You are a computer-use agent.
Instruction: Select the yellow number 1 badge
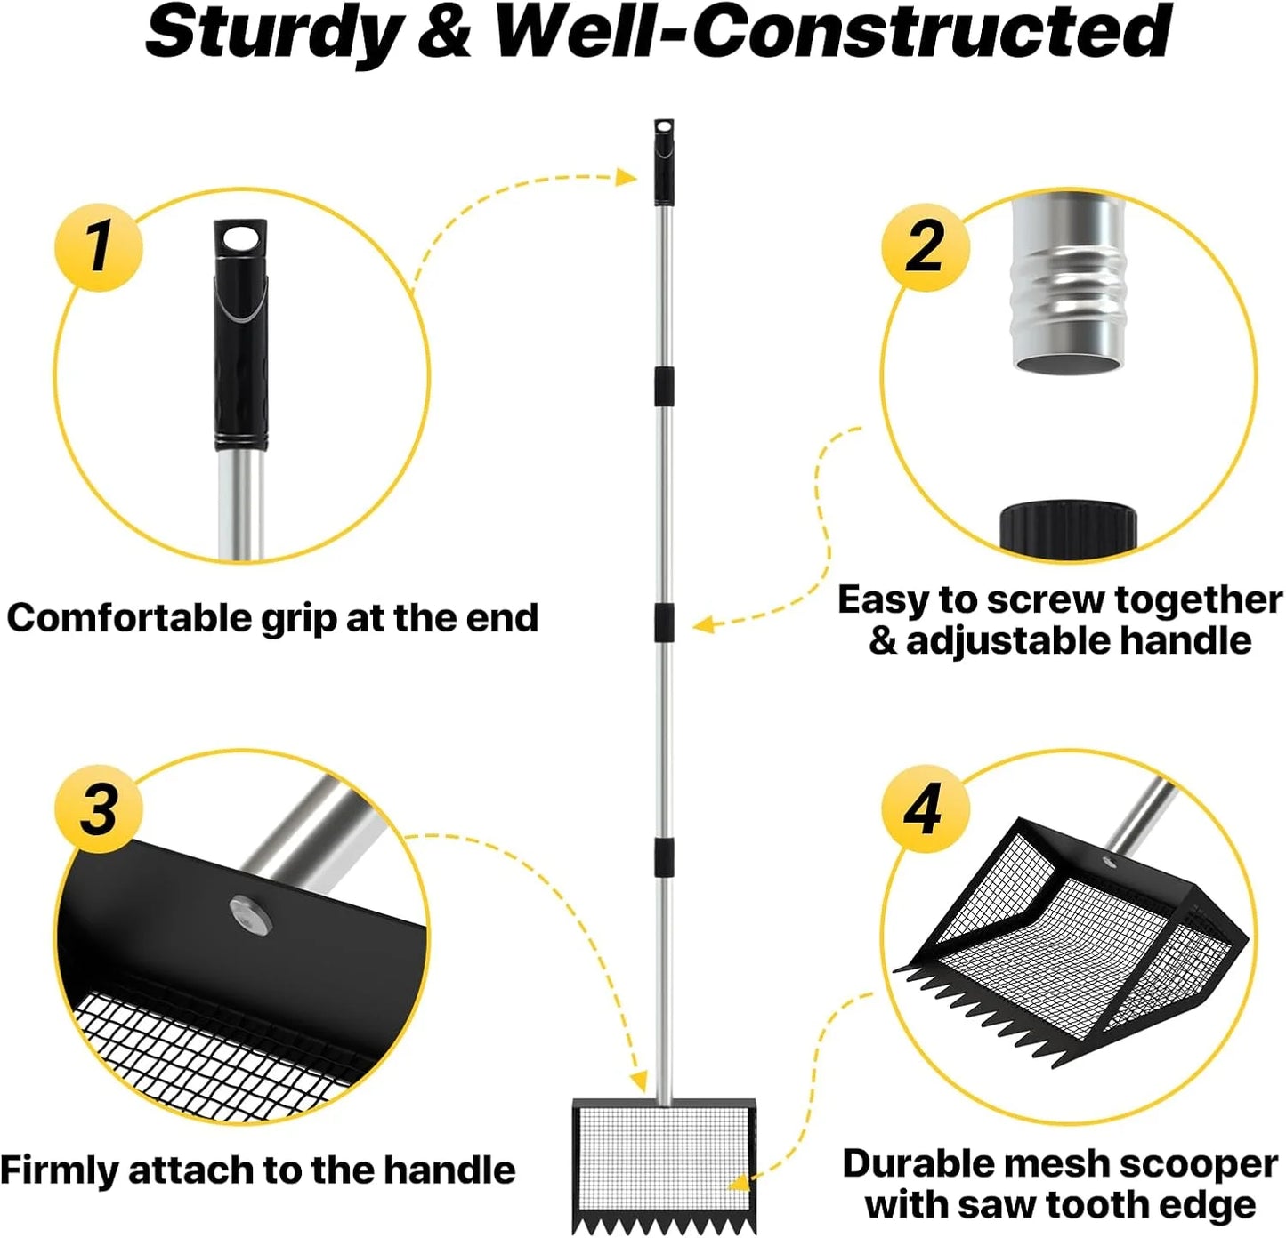[x=99, y=247]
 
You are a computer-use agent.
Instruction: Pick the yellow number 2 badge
[x=926, y=247]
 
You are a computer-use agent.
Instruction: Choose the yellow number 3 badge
[x=99, y=809]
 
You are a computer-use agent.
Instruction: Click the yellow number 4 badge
[x=926, y=809]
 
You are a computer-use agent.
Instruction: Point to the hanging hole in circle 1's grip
[x=241, y=239]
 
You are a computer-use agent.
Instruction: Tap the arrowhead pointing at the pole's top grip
[x=626, y=177]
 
